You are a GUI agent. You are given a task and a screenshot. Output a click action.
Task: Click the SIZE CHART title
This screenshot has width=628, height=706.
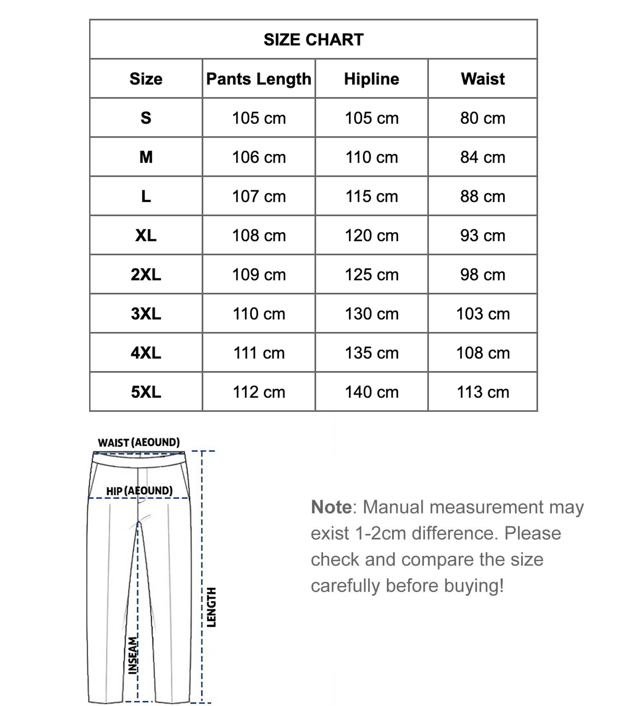(x=314, y=40)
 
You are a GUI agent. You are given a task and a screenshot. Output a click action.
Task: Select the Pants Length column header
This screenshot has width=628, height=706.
(x=259, y=79)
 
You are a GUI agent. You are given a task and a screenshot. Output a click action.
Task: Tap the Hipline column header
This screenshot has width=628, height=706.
(x=371, y=79)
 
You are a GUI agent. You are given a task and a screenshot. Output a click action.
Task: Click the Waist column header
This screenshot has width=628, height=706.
(x=483, y=79)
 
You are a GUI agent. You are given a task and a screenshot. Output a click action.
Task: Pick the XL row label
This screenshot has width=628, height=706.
(x=146, y=235)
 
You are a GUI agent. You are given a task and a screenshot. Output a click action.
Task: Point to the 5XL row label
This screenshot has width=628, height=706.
(x=146, y=392)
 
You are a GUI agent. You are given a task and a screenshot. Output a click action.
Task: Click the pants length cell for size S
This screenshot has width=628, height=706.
(x=259, y=118)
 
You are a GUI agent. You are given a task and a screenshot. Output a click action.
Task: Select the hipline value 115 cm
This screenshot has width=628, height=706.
(x=371, y=196)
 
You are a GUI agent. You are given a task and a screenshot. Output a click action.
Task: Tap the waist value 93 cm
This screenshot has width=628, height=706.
(x=483, y=235)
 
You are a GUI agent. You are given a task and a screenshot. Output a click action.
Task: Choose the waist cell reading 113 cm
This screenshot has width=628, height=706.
(x=483, y=392)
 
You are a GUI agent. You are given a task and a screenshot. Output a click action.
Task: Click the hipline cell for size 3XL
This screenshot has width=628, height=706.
(x=371, y=314)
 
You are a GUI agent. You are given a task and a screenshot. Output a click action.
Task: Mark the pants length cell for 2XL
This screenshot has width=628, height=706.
(x=259, y=275)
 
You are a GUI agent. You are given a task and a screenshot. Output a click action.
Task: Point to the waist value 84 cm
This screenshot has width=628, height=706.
(x=483, y=157)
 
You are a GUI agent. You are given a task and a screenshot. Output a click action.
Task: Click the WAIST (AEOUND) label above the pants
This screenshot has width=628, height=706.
(x=139, y=442)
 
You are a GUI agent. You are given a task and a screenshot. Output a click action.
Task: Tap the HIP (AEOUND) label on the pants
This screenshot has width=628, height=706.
(x=139, y=491)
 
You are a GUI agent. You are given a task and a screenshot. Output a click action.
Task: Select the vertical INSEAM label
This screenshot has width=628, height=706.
(x=133, y=655)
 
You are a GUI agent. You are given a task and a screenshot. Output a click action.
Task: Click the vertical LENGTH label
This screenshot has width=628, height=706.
(x=212, y=607)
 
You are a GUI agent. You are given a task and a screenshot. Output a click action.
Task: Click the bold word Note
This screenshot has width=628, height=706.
(x=331, y=507)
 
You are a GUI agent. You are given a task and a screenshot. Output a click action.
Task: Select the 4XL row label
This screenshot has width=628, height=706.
(x=146, y=353)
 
